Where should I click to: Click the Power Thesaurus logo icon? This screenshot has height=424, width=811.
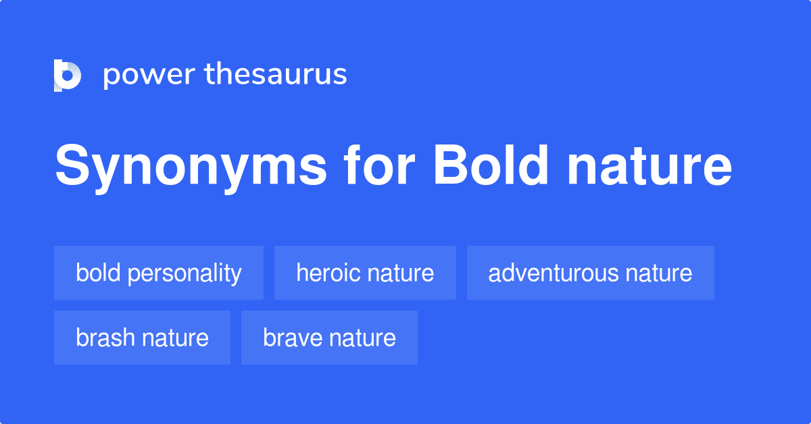point(68,75)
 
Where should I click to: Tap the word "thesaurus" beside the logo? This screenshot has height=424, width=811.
point(276,75)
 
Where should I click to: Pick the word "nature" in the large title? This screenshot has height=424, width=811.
point(649,169)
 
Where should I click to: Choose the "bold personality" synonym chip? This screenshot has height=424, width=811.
point(159,273)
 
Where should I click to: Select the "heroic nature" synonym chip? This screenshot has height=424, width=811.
point(365,273)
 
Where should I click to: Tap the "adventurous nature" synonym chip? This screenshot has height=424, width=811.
point(590,273)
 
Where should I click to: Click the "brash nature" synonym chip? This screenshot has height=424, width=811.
point(142,338)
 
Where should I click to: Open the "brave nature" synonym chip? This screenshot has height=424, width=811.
point(329,338)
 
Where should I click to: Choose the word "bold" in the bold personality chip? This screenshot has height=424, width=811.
point(98,273)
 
